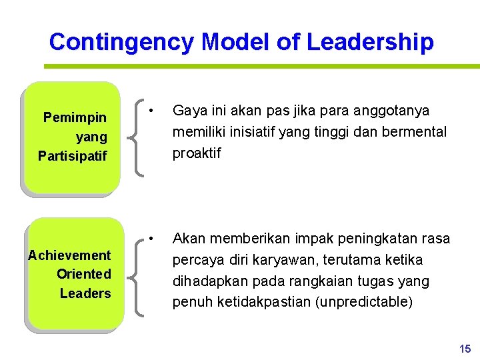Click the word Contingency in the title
(121, 42)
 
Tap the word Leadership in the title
(370, 42)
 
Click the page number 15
(465, 349)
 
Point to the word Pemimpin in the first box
(75, 118)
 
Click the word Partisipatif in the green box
(72, 157)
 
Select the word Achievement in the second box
(69, 255)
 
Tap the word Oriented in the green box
(84, 274)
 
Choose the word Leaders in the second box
(85, 293)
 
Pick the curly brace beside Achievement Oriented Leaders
(139, 275)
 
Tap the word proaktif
(197, 153)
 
